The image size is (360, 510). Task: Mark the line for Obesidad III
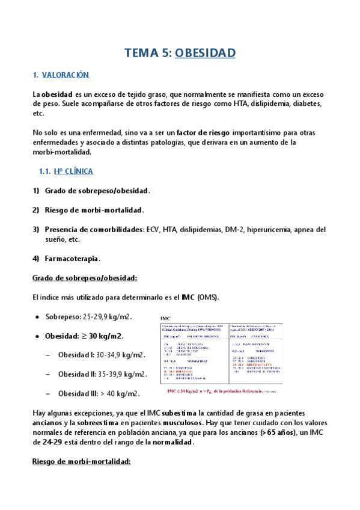99,394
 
